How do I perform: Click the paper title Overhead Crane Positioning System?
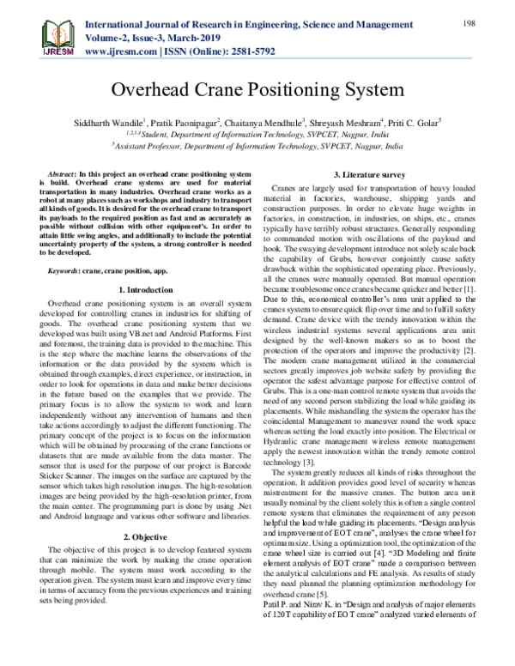257,90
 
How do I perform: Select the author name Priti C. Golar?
412,123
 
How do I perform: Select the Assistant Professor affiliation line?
257,147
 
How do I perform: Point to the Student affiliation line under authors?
257,135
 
